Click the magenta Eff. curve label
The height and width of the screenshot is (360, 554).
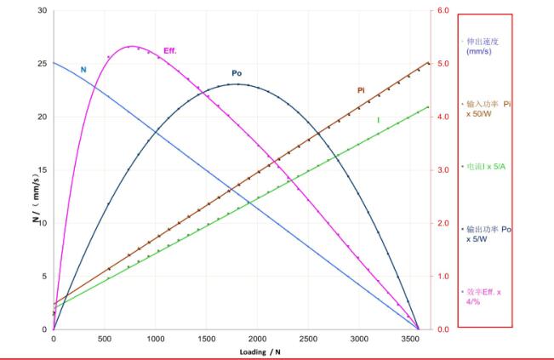(169, 51)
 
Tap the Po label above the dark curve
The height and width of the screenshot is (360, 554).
(237, 73)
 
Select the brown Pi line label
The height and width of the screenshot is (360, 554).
(361, 89)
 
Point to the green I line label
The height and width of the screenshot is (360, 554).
(378, 120)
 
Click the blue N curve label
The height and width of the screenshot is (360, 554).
(83, 70)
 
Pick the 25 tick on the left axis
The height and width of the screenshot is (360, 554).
(42, 64)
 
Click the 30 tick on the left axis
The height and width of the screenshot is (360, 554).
(42, 11)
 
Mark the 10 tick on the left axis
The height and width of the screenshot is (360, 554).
(42, 223)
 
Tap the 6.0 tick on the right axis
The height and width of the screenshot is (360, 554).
(442, 11)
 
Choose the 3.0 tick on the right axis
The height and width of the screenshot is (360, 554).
(442, 170)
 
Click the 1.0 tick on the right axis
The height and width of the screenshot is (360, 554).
(442, 277)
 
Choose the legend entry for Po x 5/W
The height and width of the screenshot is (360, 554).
(488, 234)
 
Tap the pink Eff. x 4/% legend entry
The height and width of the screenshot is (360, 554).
(483, 296)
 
